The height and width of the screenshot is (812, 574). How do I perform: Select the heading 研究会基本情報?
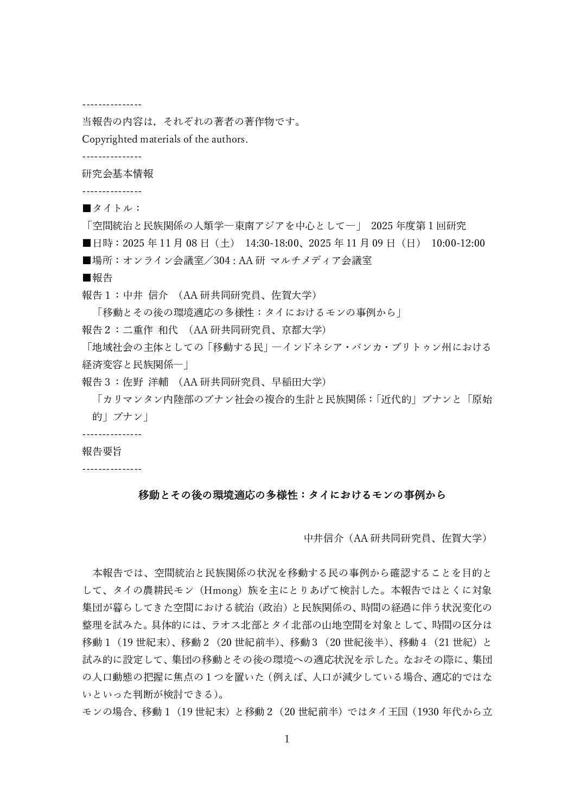[x=117, y=174]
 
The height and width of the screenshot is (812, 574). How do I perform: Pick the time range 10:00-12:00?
[x=458, y=244]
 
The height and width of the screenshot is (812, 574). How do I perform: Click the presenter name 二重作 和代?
[x=147, y=330]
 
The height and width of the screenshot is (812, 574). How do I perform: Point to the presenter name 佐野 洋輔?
[x=143, y=382]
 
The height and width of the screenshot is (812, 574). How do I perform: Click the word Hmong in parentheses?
[x=222, y=591]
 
